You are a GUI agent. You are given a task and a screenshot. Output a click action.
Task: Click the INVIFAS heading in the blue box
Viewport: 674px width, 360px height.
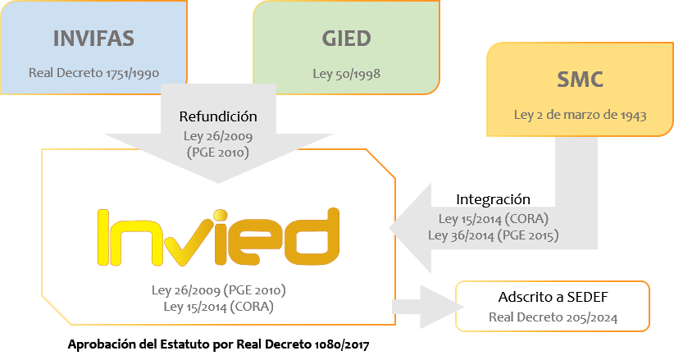(93, 39)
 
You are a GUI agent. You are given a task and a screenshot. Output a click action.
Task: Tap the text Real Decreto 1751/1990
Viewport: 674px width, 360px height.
(93, 73)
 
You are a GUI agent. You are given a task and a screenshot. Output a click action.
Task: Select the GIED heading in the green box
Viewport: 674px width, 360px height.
(346, 39)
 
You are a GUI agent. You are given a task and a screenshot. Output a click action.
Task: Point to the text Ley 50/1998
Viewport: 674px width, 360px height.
(346, 73)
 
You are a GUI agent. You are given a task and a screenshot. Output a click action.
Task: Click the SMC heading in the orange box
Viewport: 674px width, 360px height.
(580, 80)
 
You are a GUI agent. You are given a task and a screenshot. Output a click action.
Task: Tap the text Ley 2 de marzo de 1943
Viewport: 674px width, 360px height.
(580, 115)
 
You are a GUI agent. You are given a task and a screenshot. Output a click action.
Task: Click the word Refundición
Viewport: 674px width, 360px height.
(218, 116)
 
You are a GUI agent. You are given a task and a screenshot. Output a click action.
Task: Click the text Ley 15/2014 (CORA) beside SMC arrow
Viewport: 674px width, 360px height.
(494, 219)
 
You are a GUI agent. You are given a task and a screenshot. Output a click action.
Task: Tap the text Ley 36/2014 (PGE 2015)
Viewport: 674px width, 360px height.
(494, 235)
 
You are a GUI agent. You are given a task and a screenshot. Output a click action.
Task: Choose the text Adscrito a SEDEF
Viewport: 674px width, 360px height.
(553, 297)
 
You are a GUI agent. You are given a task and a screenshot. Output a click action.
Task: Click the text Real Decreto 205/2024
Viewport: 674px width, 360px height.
(553, 317)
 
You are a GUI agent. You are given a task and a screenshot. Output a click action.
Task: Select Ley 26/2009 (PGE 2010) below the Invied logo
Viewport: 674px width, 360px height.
(218, 290)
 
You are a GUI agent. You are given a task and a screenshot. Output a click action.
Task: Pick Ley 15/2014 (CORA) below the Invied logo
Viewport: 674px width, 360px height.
(218, 307)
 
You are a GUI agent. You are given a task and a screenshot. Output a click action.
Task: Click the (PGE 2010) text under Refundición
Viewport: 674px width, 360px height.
(218, 152)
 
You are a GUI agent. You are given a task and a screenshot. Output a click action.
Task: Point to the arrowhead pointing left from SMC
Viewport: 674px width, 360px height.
(410, 226)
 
